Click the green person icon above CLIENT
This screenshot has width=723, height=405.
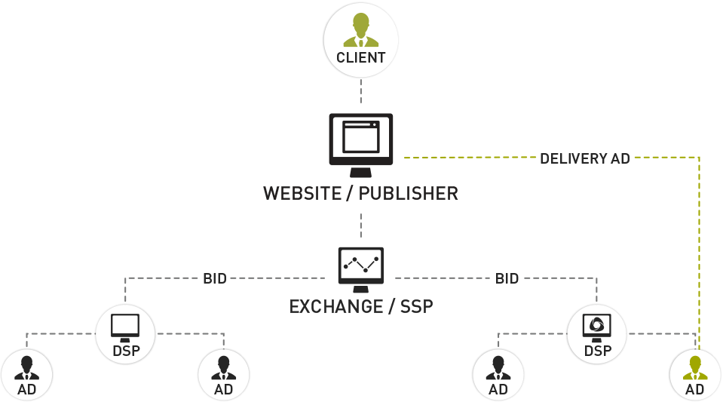(x=360, y=30)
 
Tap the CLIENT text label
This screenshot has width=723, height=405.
(x=360, y=58)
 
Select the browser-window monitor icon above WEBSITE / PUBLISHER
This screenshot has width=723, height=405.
(x=360, y=140)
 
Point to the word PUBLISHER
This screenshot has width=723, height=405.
(x=408, y=194)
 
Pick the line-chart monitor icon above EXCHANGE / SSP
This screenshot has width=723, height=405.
(x=360, y=266)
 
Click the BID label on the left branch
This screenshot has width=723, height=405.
(x=215, y=278)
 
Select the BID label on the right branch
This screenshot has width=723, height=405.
(x=507, y=278)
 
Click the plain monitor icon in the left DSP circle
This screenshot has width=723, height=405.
(x=125, y=326)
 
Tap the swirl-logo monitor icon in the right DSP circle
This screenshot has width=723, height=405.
(x=596, y=325)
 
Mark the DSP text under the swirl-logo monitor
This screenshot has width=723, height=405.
(x=597, y=351)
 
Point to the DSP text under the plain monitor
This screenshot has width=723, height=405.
(x=125, y=351)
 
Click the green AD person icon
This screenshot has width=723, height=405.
(x=694, y=367)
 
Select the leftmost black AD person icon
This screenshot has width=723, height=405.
(x=26, y=367)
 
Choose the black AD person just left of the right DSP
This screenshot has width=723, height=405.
(x=498, y=367)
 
